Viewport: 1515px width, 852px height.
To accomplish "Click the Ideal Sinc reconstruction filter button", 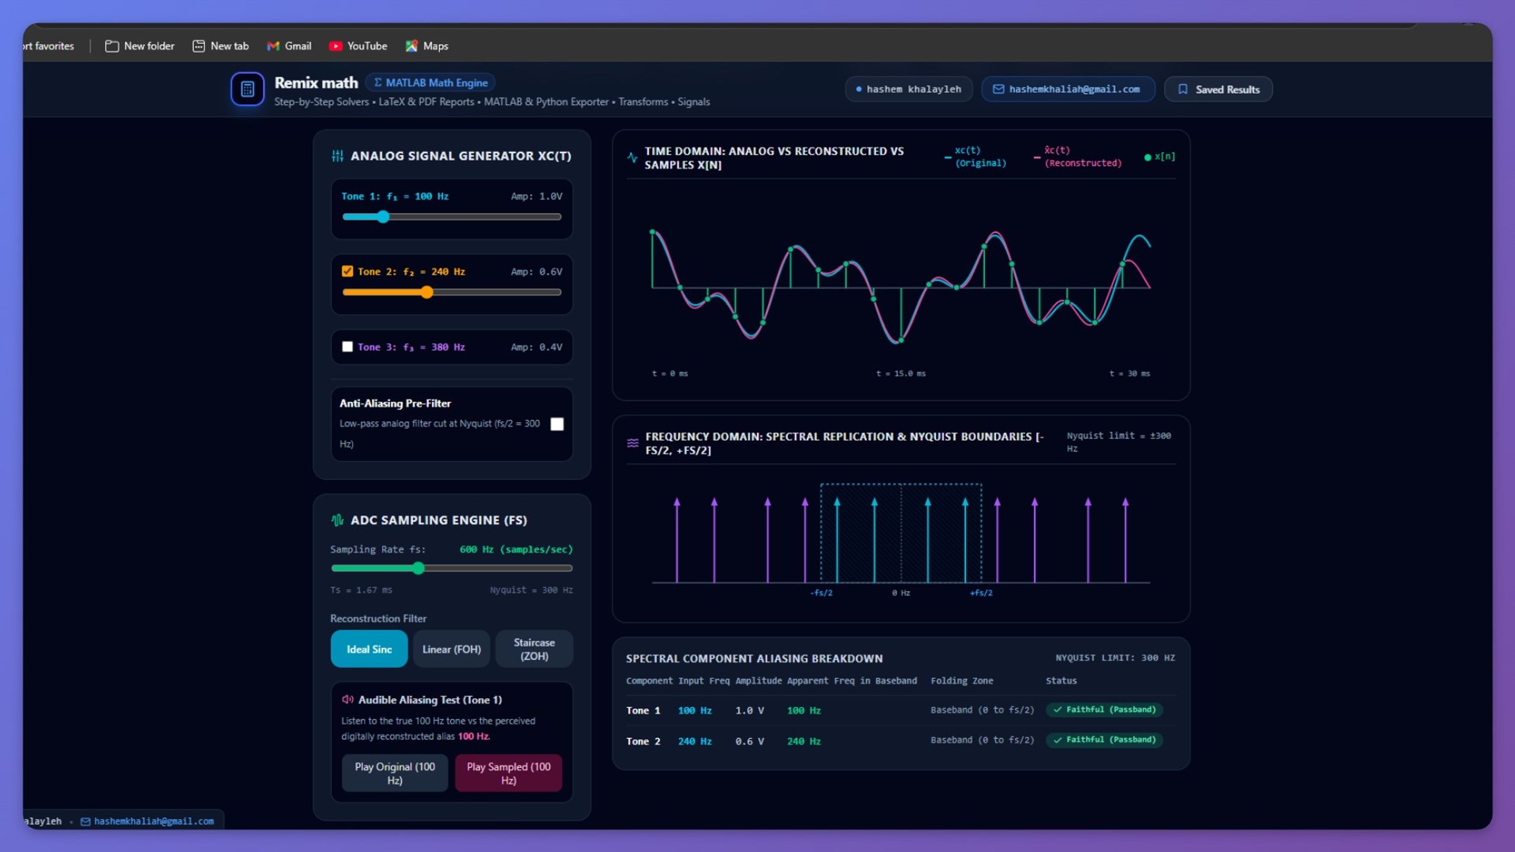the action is [x=369, y=649].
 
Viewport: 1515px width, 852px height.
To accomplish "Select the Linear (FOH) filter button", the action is [x=452, y=649].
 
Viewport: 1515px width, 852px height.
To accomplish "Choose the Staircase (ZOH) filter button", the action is [x=534, y=649].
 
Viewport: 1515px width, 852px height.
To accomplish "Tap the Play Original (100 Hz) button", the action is [x=395, y=773].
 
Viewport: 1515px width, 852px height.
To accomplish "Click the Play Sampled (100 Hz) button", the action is [x=508, y=773].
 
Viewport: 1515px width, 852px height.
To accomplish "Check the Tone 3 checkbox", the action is [x=347, y=347].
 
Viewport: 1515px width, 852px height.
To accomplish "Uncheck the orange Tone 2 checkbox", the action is [x=347, y=271].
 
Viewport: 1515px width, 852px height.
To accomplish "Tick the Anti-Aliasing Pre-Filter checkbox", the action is [x=557, y=424].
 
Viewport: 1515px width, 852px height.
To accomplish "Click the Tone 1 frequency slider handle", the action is [x=383, y=217].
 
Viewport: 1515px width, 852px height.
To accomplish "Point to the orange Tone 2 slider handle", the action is [x=427, y=292].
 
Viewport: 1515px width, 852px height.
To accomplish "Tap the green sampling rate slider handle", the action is [x=418, y=569].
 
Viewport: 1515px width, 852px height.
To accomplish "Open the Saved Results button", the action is [x=1218, y=89].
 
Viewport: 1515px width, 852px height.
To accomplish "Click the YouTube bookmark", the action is [x=358, y=46].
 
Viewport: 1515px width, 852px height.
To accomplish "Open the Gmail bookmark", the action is [x=289, y=46].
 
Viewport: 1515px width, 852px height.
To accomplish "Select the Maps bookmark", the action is [x=427, y=46].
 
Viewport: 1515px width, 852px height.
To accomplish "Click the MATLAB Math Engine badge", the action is [x=430, y=83].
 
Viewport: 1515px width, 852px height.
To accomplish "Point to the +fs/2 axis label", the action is [x=981, y=593].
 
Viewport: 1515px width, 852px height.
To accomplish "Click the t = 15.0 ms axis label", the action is [x=901, y=373].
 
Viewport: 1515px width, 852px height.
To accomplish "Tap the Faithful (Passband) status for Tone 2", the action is [x=1104, y=740].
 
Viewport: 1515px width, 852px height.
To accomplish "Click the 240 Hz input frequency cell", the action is [x=695, y=741].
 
